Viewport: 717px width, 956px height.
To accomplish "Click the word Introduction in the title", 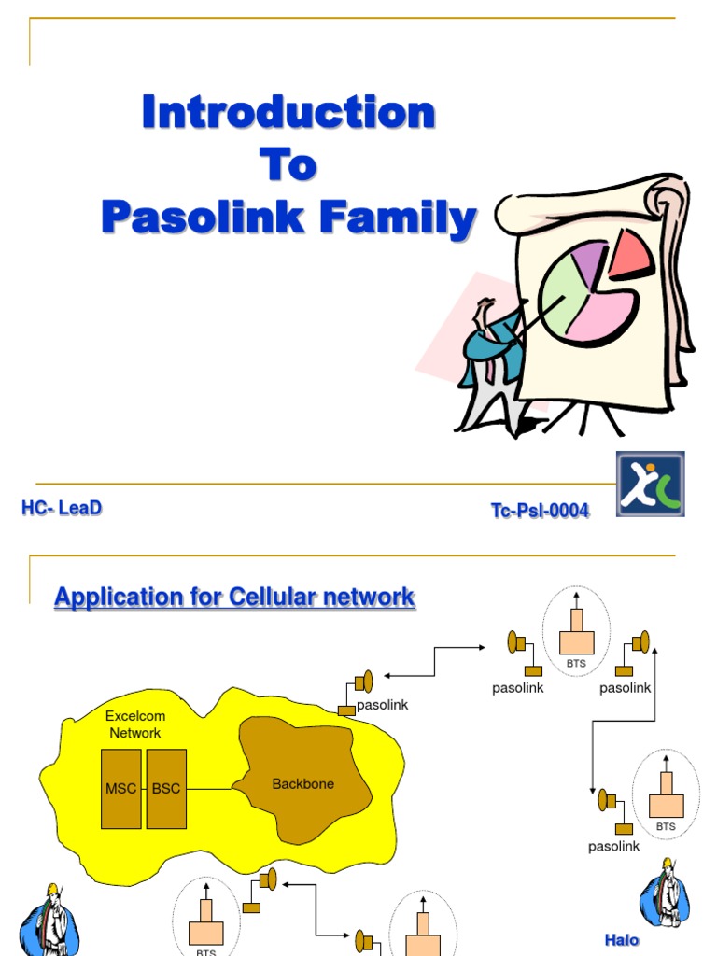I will click(288, 113).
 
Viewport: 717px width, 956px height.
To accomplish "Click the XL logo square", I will click(650, 484).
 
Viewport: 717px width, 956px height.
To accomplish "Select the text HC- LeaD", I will click(61, 508).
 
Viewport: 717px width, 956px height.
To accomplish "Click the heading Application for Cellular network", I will click(234, 597).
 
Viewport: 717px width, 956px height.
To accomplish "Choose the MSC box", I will click(121, 789).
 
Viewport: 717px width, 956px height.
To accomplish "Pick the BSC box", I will click(166, 789).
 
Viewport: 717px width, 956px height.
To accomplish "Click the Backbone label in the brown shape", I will click(302, 784).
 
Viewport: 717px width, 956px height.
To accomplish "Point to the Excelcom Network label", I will click(135, 724).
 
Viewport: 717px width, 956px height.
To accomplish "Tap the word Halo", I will click(622, 940).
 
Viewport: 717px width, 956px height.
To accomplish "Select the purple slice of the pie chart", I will click(587, 257).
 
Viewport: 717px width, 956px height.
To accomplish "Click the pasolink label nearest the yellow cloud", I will click(382, 705).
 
